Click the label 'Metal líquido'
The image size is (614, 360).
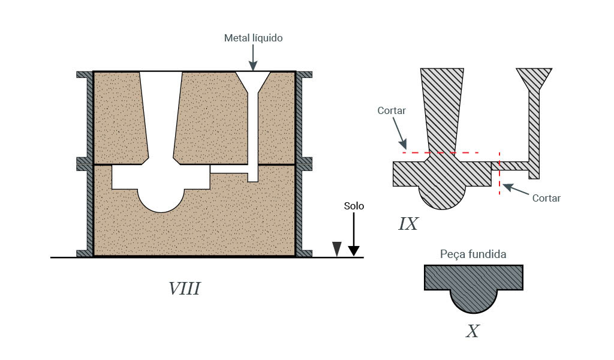click(253, 38)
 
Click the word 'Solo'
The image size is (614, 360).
click(354, 206)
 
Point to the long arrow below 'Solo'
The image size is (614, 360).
click(354, 234)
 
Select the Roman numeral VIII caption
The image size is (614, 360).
click(184, 289)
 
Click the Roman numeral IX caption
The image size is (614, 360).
click(408, 224)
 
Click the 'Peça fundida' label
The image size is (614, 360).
click(473, 254)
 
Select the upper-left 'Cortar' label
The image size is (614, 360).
click(392, 111)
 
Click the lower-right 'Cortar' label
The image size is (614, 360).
click(546, 198)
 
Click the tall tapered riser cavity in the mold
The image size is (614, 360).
click(161, 114)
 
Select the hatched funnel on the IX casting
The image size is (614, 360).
click(534, 79)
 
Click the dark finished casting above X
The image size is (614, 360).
click(473, 285)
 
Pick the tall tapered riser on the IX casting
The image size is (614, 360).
click(443, 108)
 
